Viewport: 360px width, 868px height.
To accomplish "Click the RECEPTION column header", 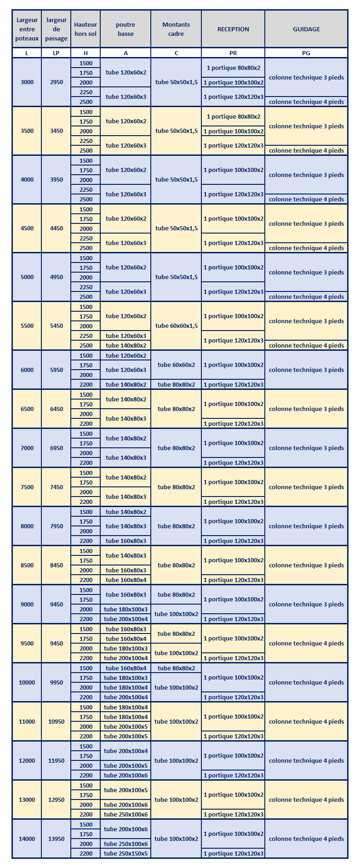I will click(x=233, y=29).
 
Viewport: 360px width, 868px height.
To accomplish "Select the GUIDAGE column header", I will click(x=306, y=29).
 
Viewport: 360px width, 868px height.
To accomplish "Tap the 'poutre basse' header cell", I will click(x=126, y=29).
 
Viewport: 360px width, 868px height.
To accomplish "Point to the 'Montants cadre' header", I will click(x=176, y=29).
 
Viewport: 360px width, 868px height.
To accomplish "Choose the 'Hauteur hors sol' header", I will click(x=86, y=29).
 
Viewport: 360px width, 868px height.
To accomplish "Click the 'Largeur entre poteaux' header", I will click(x=27, y=29).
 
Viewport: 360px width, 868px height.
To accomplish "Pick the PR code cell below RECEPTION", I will click(x=233, y=53).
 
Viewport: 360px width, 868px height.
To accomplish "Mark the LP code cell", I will click(x=56, y=53).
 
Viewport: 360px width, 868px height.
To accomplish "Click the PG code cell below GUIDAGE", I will click(x=306, y=53).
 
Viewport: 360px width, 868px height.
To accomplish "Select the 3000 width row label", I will click(x=27, y=82).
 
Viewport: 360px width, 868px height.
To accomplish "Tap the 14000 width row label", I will click(x=27, y=839).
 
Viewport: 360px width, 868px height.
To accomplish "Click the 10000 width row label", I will click(x=27, y=682).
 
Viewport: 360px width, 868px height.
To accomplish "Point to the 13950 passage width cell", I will click(x=57, y=839).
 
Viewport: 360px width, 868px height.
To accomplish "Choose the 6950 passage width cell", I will click(x=57, y=448).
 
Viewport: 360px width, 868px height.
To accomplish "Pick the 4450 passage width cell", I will click(x=57, y=228).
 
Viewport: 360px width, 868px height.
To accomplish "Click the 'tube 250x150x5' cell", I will click(x=126, y=853).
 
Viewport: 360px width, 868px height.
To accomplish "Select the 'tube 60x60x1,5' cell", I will click(x=177, y=325).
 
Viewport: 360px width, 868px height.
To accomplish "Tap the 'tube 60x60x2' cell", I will click(x=177, y=365).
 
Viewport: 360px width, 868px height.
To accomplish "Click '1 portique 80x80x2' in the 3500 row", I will click(x=234, y=116).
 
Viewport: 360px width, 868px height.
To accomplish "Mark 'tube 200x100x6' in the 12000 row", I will click(x=126, y=775).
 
